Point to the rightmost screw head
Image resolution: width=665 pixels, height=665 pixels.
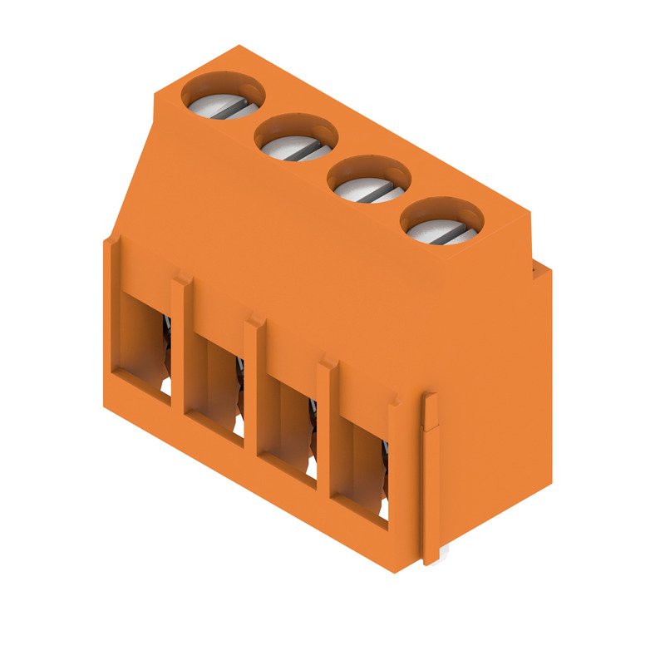coord(443,227)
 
